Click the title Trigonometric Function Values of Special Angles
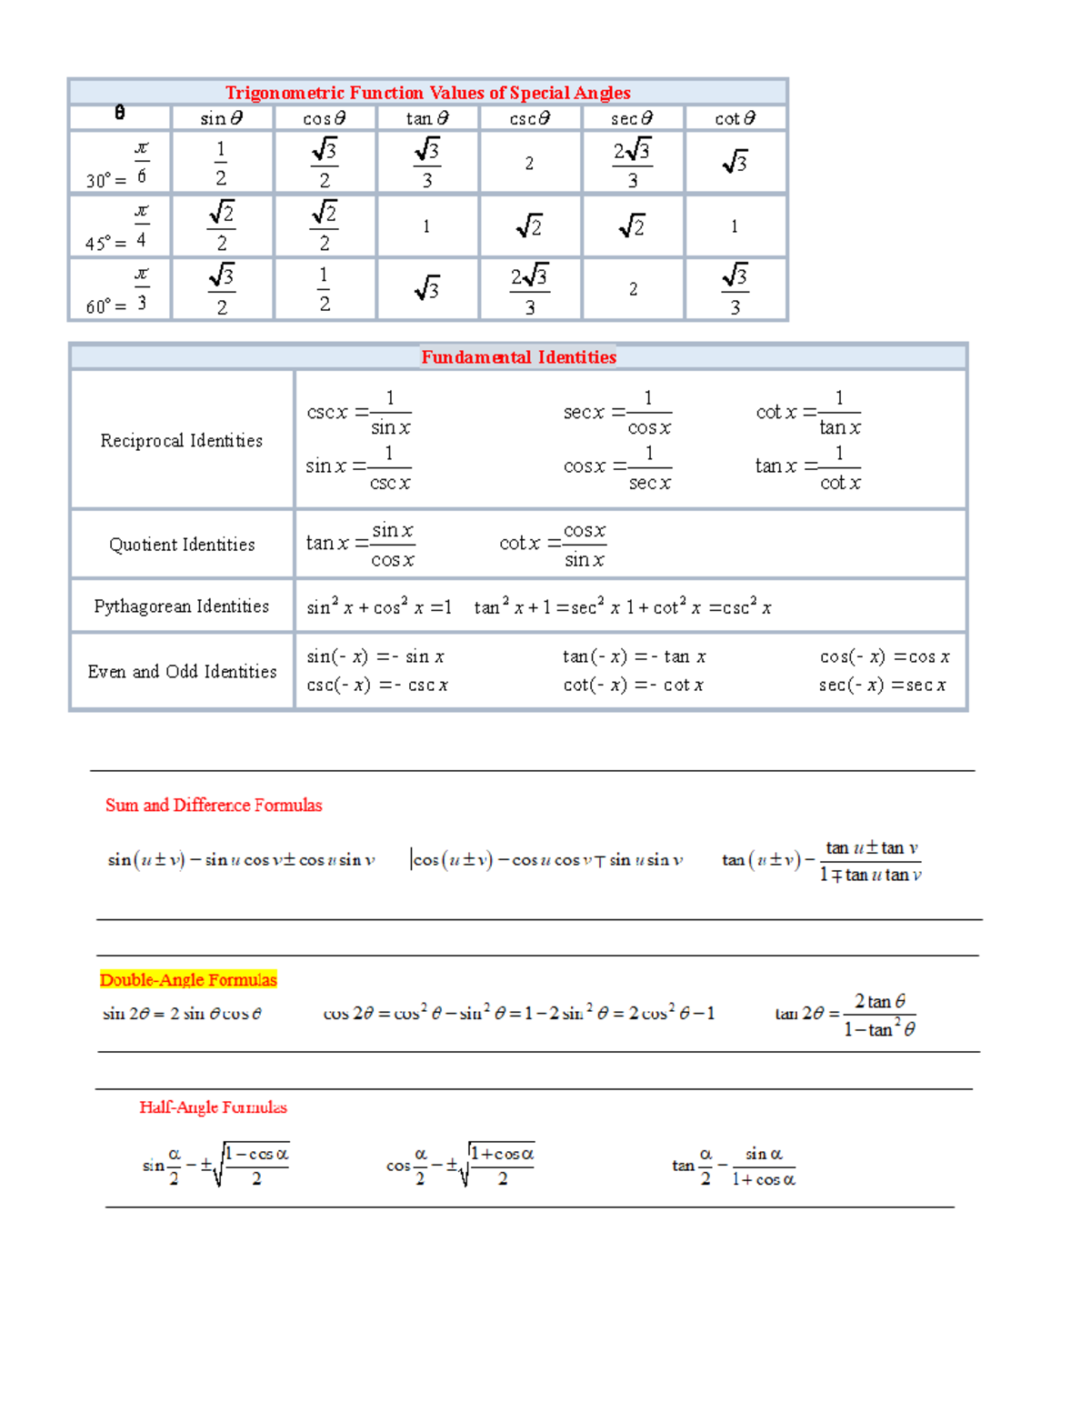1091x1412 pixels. pos(427,93)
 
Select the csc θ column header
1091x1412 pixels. pos(529,118)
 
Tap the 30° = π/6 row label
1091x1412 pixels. pos(119,164)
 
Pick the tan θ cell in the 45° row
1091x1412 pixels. pos(426,226)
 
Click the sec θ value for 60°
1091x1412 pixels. pos(633,289)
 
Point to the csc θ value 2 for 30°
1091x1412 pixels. pos(529,164)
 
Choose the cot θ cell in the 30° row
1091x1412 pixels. pos(735,164)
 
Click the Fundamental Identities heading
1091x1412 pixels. pos(518,357)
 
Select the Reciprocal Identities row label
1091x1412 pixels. pos(182,441)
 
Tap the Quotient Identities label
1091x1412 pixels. pos(182,545)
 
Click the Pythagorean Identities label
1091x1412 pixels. pos(182,606)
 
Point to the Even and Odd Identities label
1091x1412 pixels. pos(182,672)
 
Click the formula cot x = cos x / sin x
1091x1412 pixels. pos(553,545)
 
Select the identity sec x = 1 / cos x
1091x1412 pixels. pos(617,413)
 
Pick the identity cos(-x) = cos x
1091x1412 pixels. pos(885,656)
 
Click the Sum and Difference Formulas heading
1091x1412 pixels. pos(214,806)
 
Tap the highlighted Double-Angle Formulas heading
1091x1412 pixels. pos(188,980)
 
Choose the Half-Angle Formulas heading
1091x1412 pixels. pos(213,1107)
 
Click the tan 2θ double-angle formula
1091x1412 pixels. pos(846,1015)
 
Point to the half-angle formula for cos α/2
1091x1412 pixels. pos(460,1166)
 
